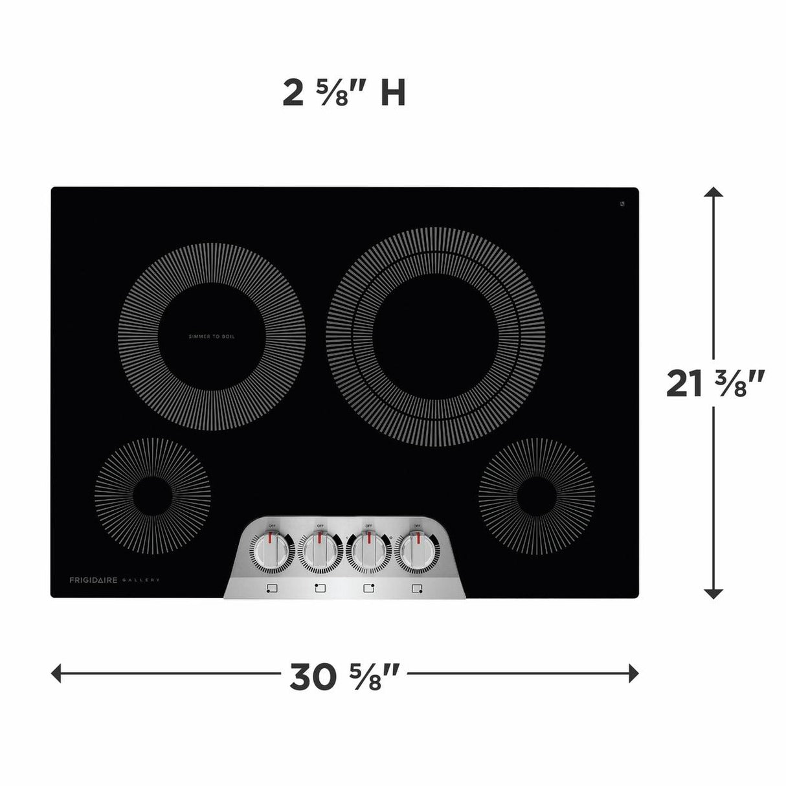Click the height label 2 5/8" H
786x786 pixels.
click(344, 93)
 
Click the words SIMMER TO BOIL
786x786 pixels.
click(212, 337)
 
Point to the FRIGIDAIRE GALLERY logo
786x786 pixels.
click(114, 580)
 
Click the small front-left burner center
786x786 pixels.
click(153, 497)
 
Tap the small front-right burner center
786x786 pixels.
click(537, 497)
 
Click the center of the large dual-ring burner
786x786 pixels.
click(435, 336)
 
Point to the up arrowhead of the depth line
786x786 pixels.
click(713, 192)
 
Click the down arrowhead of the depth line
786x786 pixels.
click(713, 593)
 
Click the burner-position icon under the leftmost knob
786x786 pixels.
click(271, 589)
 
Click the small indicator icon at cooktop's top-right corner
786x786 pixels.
click(622, 205)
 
